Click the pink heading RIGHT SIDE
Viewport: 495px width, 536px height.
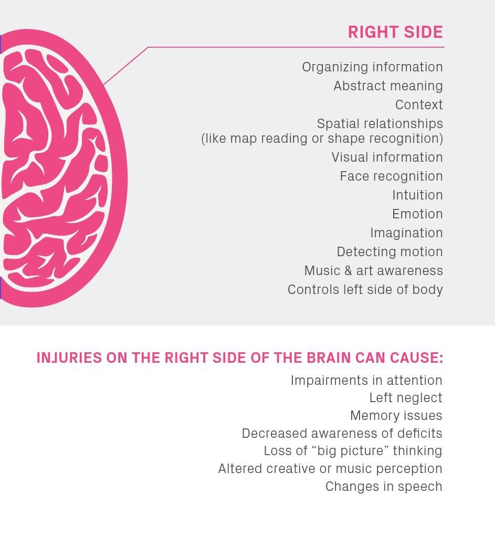[x=395, y=32]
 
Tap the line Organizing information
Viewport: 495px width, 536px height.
[x=372, y=67]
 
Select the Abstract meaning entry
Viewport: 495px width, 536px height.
[x=388, y=86]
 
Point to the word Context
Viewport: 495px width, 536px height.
[x=419, y=105]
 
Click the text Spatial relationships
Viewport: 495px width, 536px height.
[x=380, y=124]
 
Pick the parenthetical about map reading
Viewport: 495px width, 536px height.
[x=322, y=139]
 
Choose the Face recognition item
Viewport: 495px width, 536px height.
[x=391, y=176]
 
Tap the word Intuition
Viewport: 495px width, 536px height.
[x=417, y=195]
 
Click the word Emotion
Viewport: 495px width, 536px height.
[x=417, y=214]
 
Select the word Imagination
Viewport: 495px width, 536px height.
[x=406, y=233]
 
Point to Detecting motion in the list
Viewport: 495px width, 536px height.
[x=389, y=252]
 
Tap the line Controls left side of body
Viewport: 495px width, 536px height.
[x=365, y=290]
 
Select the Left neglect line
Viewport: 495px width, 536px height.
[x=405, y=398]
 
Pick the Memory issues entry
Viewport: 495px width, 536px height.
[x=396, y=416]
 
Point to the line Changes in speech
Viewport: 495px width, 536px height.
[x=383, y=487]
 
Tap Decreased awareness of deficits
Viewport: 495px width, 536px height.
[x=342, y=434]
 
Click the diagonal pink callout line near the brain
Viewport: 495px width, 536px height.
[x=126, y=66]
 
